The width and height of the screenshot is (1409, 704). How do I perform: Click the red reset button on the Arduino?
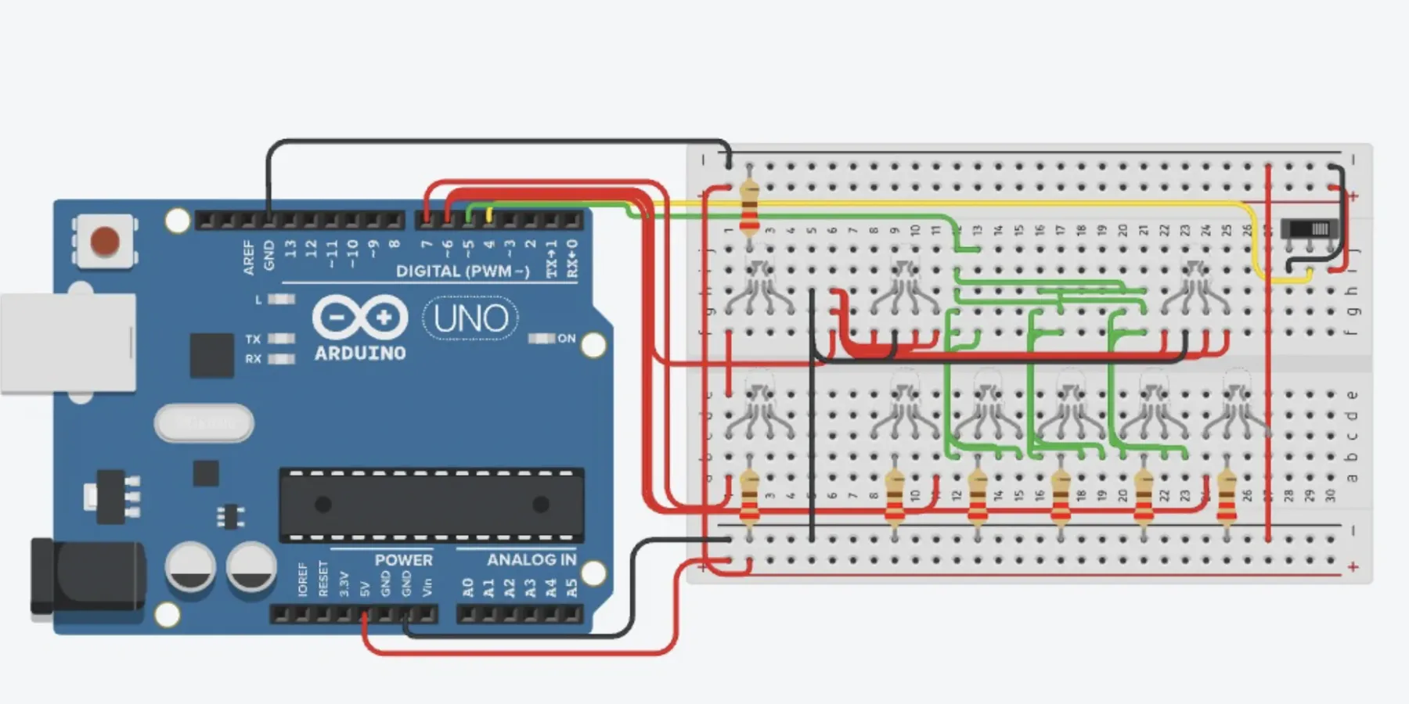(x=105, y=242)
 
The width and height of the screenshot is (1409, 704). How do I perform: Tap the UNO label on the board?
(x=470, y=318)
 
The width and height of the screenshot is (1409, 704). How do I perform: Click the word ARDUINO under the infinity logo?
(x=360, y=354)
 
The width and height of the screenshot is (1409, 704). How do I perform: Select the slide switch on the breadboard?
(x=1310, y=230)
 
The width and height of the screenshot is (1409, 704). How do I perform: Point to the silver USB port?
(x=67, y=343)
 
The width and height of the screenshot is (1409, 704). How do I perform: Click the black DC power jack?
(x=86, y=575)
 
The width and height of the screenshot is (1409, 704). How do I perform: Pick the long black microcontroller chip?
(x=431, y=505)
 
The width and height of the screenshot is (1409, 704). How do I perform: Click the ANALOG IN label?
(x=531, y=559)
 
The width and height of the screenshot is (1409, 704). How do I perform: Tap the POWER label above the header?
(x=403, y=560)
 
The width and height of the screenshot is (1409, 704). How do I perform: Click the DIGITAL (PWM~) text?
(x=463, y=271)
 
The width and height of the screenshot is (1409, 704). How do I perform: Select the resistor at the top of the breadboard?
(x=749, y=206)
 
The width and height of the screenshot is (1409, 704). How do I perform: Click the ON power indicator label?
(x=567, y=339)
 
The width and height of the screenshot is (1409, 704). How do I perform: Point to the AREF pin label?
(x=249, y=257)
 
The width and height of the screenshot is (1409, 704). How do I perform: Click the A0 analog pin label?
(x=467, y=587)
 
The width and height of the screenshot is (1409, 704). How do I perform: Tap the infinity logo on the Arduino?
(x=360, y=318)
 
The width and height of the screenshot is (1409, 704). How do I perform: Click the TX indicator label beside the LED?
(x=252, y=339)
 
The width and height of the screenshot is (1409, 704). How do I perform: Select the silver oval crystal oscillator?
(x=204, y=423)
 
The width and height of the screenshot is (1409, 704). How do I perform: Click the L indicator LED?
(x=281, y=299)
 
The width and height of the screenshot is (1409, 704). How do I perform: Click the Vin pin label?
(x=427, y=587)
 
